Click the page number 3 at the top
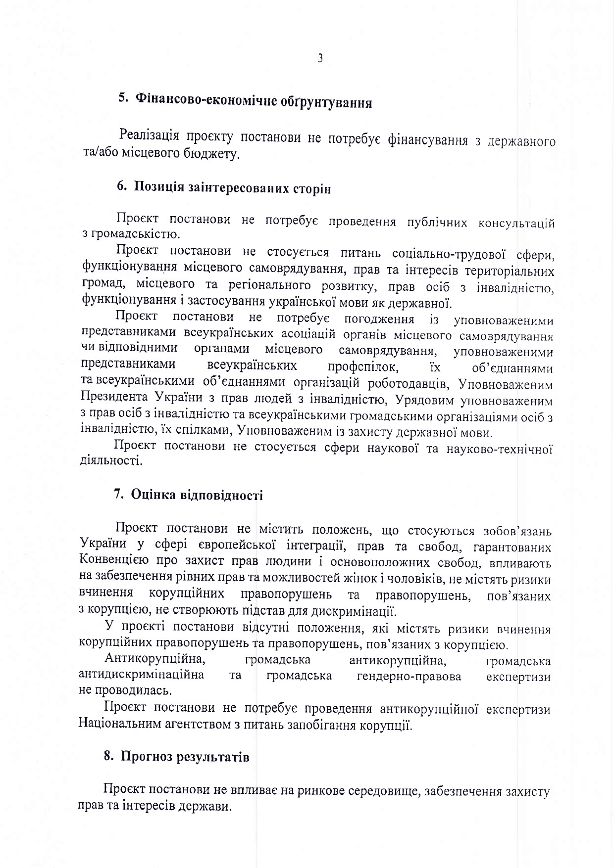[x=320, y=58]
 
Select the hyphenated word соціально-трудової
[x=448, y=254]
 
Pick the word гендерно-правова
[x=409, y=676]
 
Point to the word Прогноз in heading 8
[x=147, y=771]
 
